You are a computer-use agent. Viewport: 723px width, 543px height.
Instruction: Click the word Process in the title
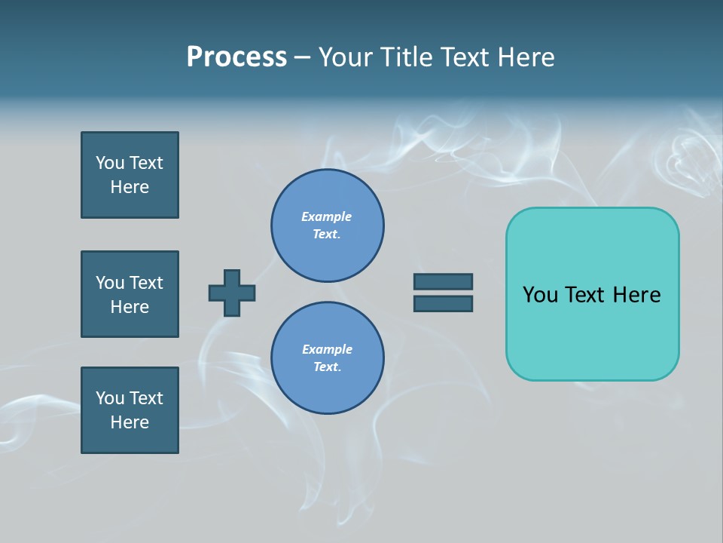[236, 57]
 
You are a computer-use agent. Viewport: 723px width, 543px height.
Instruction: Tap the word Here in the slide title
[526, 57]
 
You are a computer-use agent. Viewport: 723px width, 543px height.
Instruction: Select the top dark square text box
[130, 175]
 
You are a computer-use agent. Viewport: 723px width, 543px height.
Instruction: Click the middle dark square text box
[130, 294]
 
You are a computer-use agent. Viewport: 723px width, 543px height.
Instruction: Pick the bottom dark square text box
[130, 410]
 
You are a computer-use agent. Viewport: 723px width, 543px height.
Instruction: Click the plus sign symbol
[232, 293]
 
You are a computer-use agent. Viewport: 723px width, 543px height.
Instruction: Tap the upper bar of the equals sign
[443, 281]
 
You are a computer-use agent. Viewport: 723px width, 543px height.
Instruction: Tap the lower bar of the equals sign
[443, 304]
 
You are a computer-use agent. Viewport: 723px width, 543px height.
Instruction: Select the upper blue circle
[328, 225]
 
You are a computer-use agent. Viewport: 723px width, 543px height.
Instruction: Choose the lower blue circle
[328, 358]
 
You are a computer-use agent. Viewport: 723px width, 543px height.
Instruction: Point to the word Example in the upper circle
[326, 216]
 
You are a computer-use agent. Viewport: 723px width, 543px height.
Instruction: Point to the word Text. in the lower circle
[327, 367]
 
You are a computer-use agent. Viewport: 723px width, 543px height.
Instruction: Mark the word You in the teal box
[540, 295]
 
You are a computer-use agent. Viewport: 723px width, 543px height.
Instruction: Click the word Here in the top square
[130, 187]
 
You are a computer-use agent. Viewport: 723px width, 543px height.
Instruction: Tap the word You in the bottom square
[110, 398]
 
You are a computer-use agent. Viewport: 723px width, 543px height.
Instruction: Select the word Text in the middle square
[146, 283]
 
